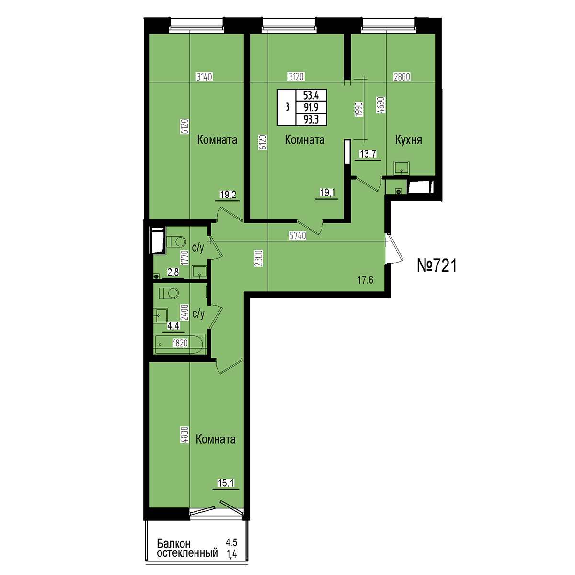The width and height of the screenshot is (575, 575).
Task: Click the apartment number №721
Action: [437, 265]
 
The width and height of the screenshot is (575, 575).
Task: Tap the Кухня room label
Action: [408, 139]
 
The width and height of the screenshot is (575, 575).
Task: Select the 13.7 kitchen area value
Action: [368, 154]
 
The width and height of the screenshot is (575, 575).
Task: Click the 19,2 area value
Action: [228, 195]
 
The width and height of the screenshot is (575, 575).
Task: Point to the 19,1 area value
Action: [327, 193]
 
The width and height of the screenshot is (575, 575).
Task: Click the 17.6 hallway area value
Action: [365, 280]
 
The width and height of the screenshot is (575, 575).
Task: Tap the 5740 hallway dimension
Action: [298, 236]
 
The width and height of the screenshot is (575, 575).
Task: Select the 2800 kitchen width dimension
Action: [402, 77]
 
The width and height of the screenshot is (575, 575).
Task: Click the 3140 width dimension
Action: [204, 77]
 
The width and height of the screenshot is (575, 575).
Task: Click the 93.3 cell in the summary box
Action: [311, 120]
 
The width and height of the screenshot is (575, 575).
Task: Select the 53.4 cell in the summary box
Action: [311, 95]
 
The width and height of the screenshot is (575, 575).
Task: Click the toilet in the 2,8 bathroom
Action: [176, 241]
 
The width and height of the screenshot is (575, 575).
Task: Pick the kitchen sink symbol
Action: [402, 168]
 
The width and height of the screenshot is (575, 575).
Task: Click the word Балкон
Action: [173, 543]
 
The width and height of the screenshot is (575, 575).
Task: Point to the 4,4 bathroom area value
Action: [173, 325]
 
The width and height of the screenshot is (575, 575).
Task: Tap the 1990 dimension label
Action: [359, 109]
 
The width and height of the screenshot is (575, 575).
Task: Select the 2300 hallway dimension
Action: [259, 258]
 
